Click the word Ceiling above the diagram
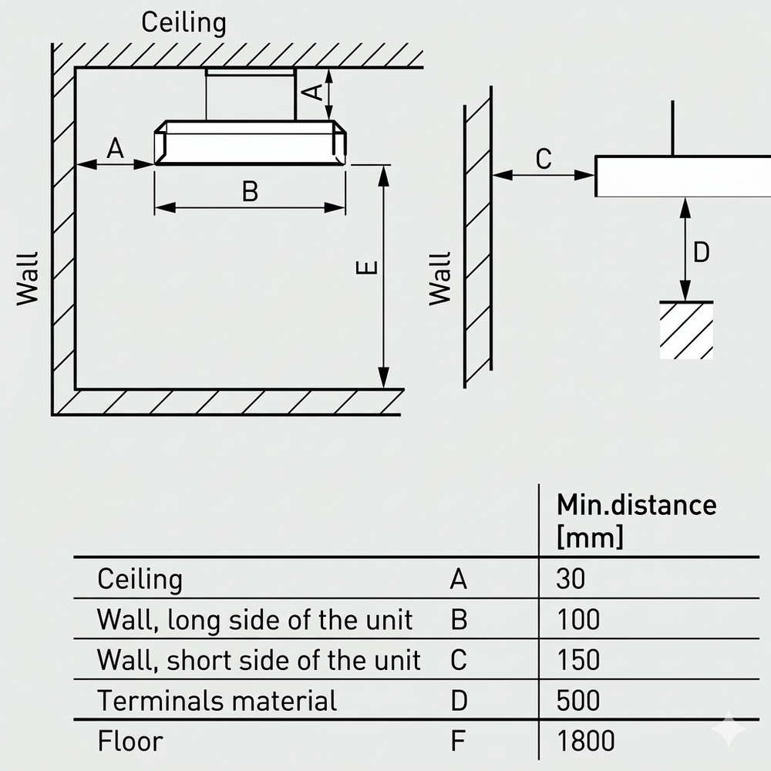pos(183,23)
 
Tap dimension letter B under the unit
pos(251,192)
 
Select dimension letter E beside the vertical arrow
pos(367,268)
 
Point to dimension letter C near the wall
pos(544,159)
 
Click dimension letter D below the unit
pos(701,252)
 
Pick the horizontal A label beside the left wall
pos(115,148)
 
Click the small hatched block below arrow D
pos(686,330)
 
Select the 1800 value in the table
pos(585,740)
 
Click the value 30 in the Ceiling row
pos(571,579)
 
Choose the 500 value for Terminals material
pos(577,700)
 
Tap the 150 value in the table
pos(578,660)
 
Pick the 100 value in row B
pos(578,620)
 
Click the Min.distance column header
pos(636,505)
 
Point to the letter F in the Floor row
pos(458,740)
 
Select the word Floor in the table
pos(130,740)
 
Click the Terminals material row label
pos(217,700)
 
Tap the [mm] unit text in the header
pos(590,536)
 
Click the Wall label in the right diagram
pos(440,279)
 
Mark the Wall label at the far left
pos(27,279)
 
